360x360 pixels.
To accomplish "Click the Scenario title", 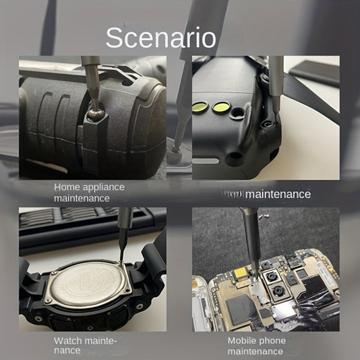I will tap(160, 38).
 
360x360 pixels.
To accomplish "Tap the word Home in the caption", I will tap(66, 187).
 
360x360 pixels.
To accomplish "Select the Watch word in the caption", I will tap(68, 341).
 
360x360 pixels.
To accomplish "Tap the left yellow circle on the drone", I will tap(200, 106).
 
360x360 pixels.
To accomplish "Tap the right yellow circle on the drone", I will tap(221, 106).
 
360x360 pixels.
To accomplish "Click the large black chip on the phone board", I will tap(239, 306).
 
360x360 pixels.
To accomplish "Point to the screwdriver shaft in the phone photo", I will tap(249, 235).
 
